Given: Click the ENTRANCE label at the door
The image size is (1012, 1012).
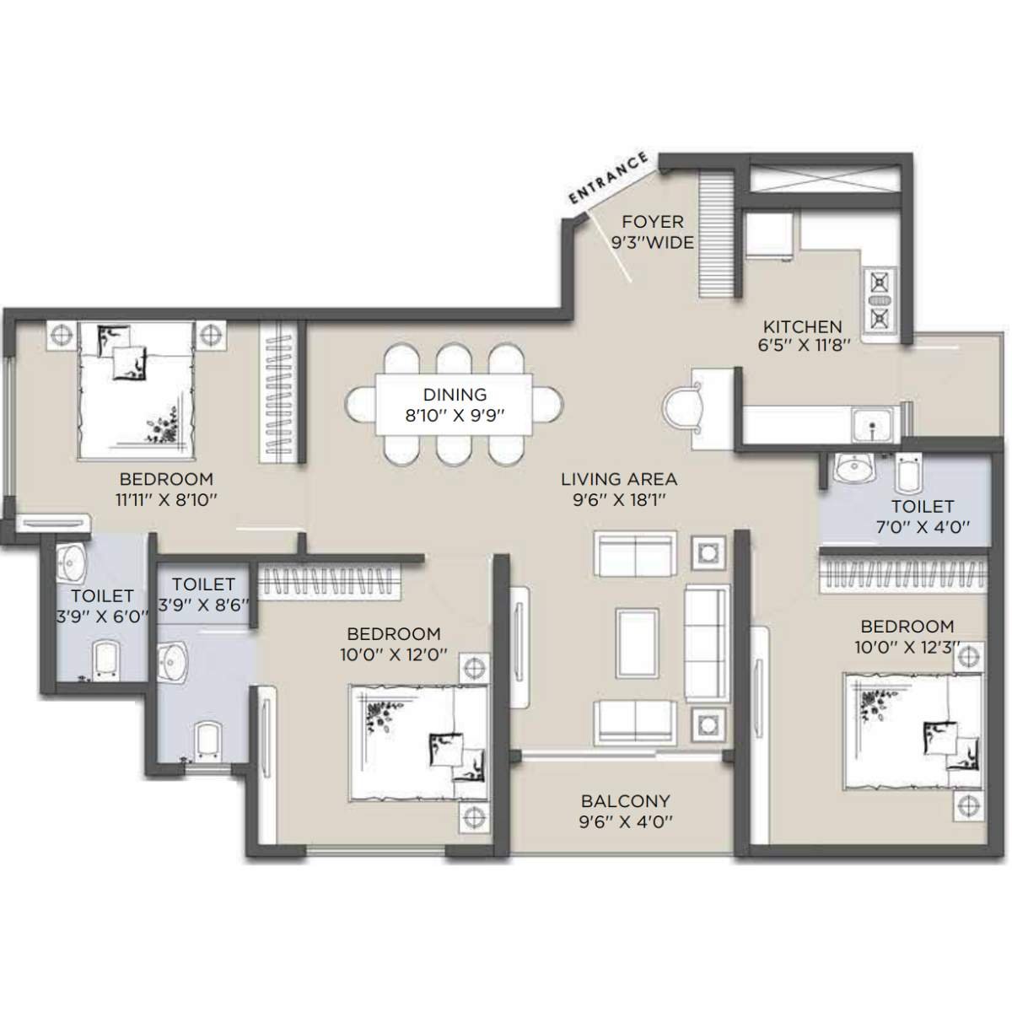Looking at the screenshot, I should point(609,178).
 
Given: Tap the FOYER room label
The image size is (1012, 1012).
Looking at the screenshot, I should point(652,222).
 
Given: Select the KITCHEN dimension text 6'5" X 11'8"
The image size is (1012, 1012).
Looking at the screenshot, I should point(802,345).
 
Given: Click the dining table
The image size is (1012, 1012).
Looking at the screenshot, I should point(455,405).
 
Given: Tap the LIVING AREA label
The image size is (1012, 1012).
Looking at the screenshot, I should point(619,479).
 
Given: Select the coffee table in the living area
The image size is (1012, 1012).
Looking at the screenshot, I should point(638,643).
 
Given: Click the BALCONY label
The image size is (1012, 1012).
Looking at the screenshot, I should point(625,800).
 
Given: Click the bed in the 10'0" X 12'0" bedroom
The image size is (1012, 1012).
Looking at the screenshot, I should point(419,742).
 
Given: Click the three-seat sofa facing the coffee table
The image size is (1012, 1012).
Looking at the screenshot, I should point(706,642).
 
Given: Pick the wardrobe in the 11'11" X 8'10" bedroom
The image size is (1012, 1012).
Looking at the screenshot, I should point(278,393).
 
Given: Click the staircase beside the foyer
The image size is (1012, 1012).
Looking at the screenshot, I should point(719,233).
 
